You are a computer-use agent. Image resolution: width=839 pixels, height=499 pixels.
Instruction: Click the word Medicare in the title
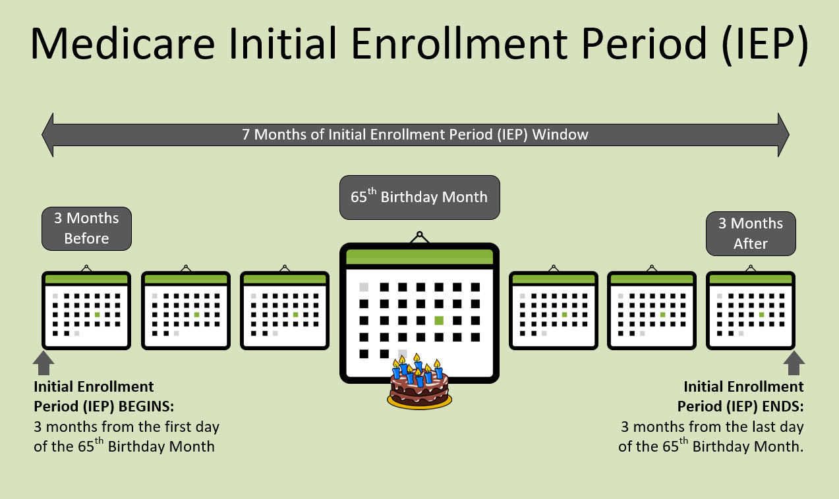[x=123, y=43]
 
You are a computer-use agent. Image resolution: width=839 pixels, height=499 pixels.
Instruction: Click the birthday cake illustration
[x=419, y=382]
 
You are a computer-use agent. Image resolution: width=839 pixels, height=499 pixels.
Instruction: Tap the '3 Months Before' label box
[x=86, y=228]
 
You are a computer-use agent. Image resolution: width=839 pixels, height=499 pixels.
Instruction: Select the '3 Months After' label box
[x=751, y=234]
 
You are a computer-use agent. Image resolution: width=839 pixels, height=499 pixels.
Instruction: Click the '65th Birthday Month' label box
[x=419, y=197]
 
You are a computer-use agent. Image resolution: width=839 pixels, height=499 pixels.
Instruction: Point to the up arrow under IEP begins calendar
[x=43, y=363]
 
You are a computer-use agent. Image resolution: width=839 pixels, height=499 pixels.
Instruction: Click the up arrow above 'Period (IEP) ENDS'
[x=794, y=363]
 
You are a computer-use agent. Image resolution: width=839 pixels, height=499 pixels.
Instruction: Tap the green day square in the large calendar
[x=439, y=321]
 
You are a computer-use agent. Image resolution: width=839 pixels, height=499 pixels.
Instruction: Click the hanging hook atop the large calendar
[x=419, y=237]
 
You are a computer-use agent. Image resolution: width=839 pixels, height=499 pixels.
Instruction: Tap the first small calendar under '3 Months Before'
[x=86, y=310]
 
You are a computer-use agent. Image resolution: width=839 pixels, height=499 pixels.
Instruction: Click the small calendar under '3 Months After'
[x=751, y=310]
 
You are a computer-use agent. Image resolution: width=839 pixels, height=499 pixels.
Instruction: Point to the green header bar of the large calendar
[x=419, y=257]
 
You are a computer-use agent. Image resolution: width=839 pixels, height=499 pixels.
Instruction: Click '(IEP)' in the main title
[x=765, y=44]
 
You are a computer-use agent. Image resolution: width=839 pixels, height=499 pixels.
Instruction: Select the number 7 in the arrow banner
[x=246, y=135]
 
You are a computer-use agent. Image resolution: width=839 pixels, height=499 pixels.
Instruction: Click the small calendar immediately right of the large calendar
[x=554, y=310]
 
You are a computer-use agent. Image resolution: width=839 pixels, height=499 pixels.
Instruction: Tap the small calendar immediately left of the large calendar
[x=285, y=310]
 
